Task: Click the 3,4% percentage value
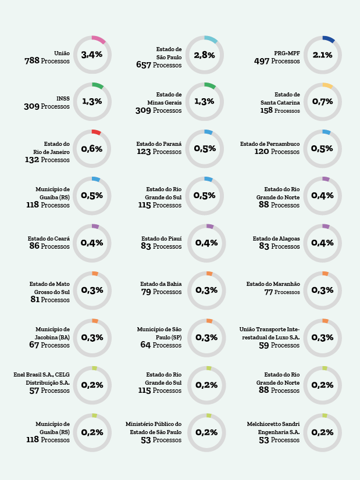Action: tap(92, 55)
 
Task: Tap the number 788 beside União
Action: tap(32, 61)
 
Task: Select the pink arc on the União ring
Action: tap(99, 40)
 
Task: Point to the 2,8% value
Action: tap(204, 55)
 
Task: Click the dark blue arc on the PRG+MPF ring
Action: tap(329, 39)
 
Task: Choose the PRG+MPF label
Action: tap(287, 53)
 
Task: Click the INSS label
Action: tap(63, 99)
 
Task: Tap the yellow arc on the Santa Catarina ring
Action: tap(328, 86)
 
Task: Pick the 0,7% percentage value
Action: tap(323, 101)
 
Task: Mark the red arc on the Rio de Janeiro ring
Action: tap(97, 132)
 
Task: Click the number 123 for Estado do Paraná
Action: tap(144, 152)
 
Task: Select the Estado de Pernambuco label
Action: tap(270, 144)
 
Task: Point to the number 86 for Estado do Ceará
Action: tap(34, 246)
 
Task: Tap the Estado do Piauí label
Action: tap(162, 238)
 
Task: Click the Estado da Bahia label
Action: tap(161, 284)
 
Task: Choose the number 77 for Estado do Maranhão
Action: tap(269, 292)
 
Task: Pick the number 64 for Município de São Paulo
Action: tap(145, 345)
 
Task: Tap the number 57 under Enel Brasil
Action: tap(34, 391)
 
